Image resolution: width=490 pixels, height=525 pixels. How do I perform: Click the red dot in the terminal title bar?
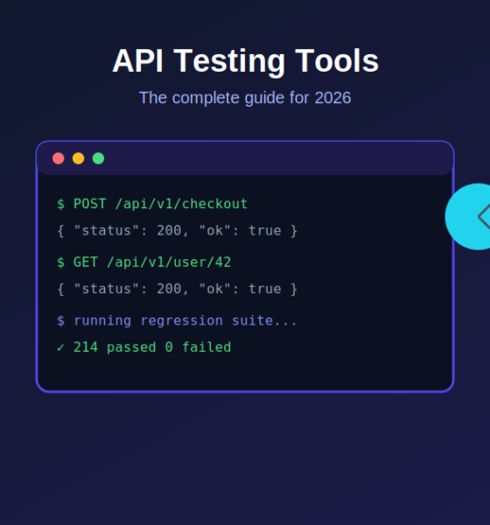[x=59, y=158]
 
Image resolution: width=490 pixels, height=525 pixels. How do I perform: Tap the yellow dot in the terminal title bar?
[x=79, y=158]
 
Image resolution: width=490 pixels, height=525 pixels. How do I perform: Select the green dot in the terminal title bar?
[x=99, y=158]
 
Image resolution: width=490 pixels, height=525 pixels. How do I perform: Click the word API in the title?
[x=138, y=61]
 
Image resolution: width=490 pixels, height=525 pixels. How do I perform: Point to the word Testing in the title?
[x=229, y=61]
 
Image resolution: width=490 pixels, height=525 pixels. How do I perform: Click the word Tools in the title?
[x=337, y=61]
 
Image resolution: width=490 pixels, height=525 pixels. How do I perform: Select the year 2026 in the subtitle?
[x=332, y=98]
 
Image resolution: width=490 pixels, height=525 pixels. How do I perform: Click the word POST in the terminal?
[x=90, y=204]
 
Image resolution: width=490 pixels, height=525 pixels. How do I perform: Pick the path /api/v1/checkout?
[x=181, y=204]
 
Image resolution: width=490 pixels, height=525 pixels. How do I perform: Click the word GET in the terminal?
[x=86, y=262]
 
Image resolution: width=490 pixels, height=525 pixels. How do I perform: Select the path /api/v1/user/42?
[x=169, y=262]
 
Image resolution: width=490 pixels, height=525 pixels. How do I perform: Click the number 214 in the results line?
[x=86, y=347]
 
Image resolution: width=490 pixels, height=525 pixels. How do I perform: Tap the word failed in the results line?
[x=206, y=346]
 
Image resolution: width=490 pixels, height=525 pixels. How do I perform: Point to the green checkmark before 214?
[x=60, y=347]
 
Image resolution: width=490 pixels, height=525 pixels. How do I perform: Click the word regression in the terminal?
[x=181, y=321]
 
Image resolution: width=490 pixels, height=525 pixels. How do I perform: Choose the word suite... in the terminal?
[x=264, y=321]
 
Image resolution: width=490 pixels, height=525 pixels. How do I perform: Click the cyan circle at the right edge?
[x=469, y=217]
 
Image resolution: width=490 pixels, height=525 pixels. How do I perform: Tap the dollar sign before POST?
[x=60, y=204]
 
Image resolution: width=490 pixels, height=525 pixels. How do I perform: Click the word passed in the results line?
[x=131, y=347]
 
